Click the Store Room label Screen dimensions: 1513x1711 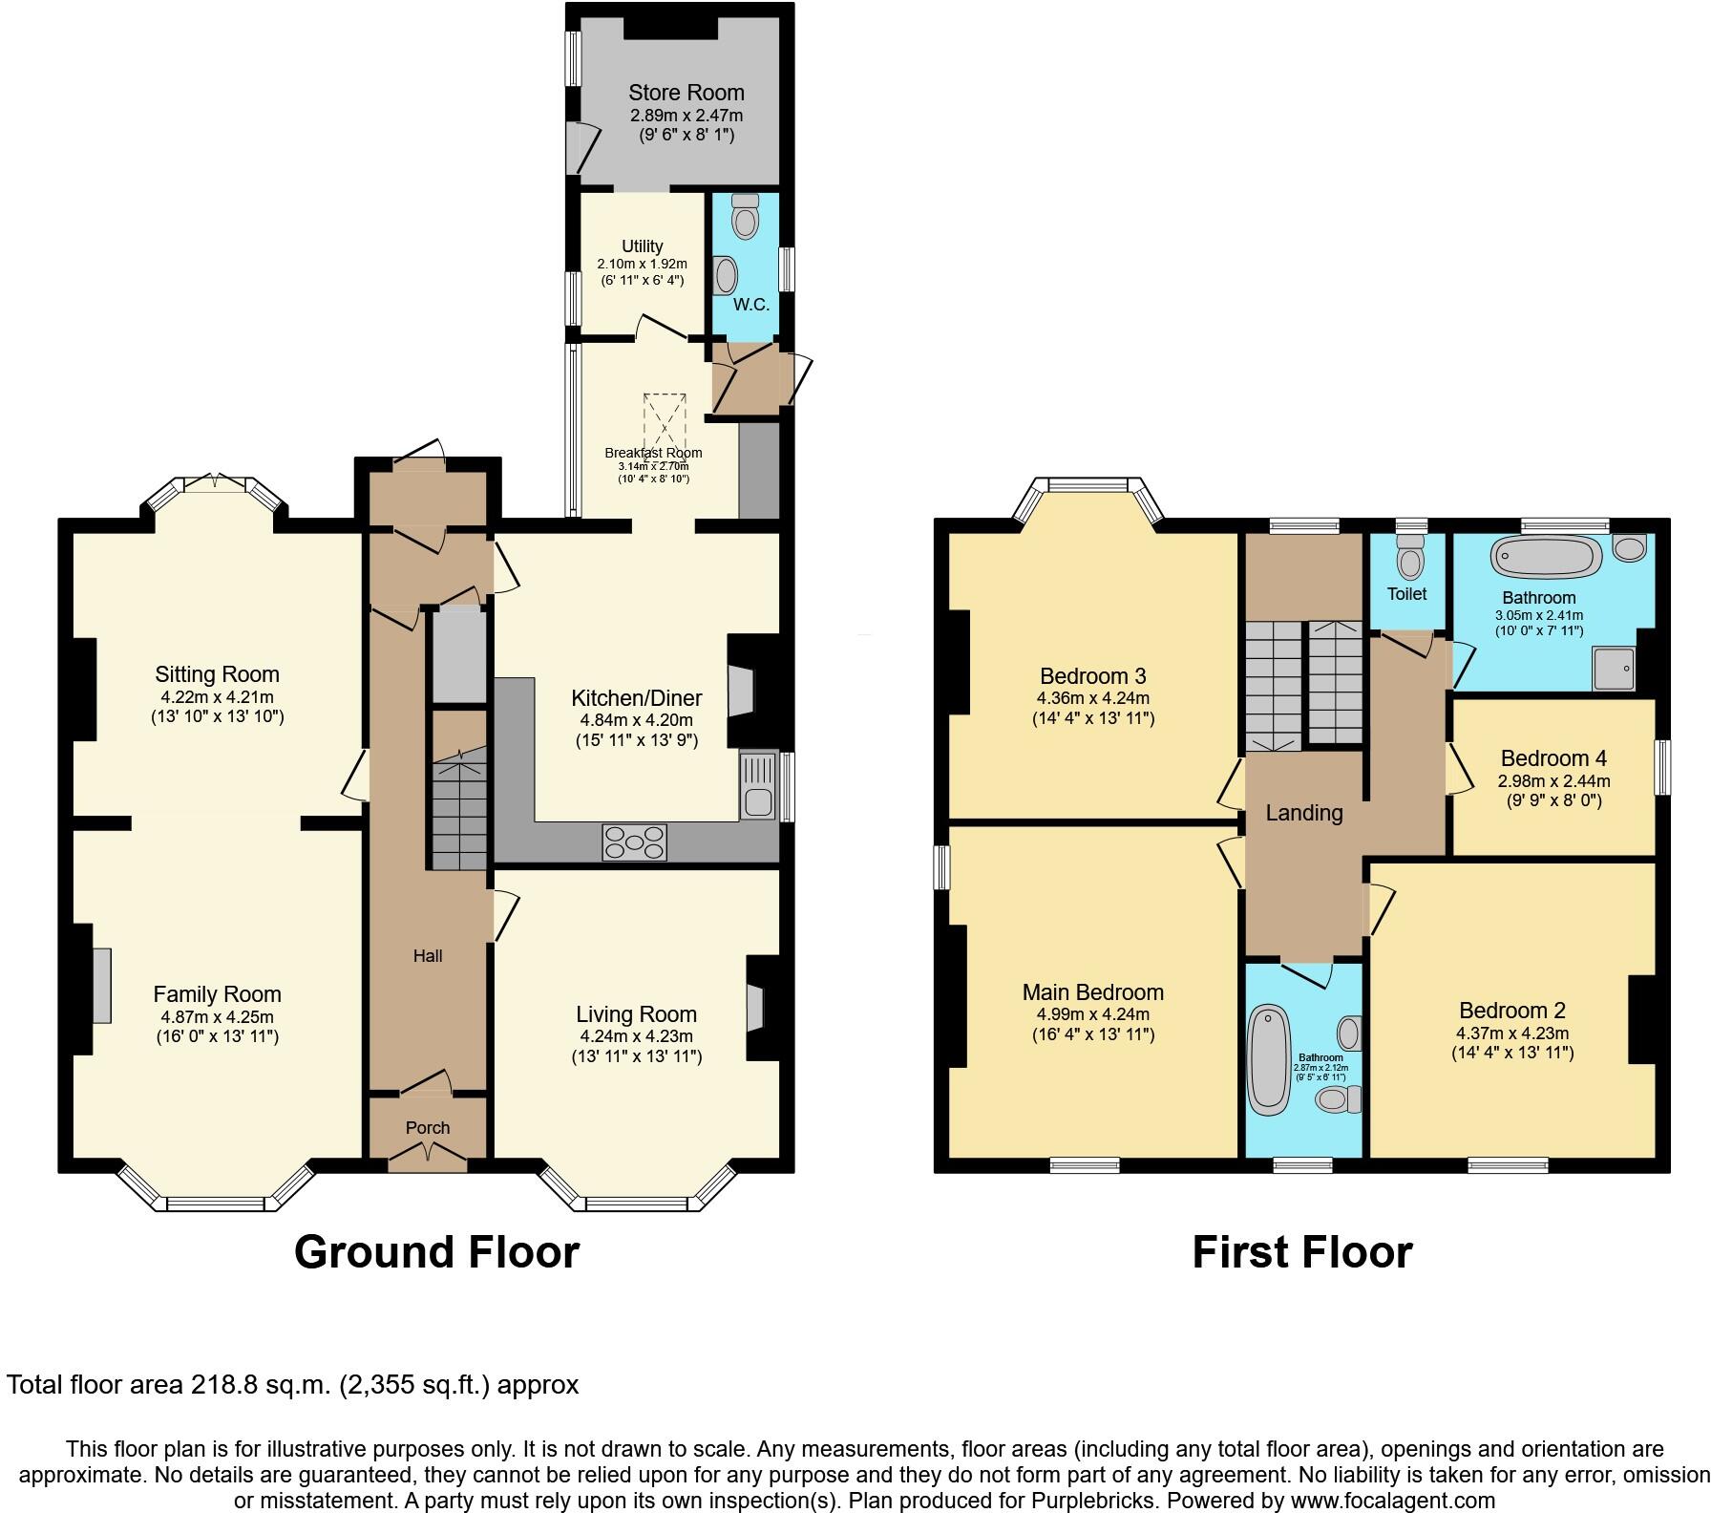686,93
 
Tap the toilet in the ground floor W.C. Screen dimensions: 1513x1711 744,217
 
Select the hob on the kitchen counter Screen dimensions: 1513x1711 634,842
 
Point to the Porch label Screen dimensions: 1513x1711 427,1128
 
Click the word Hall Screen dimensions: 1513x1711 427,956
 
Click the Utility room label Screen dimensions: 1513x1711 642,246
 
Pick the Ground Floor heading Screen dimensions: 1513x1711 436,1252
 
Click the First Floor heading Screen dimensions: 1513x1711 1301,1252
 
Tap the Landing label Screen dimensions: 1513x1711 1303,813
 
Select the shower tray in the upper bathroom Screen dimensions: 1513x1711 1613,668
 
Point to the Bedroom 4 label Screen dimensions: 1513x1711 1553,758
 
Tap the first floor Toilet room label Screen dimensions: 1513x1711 1406,593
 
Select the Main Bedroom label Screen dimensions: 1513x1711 1092,992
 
